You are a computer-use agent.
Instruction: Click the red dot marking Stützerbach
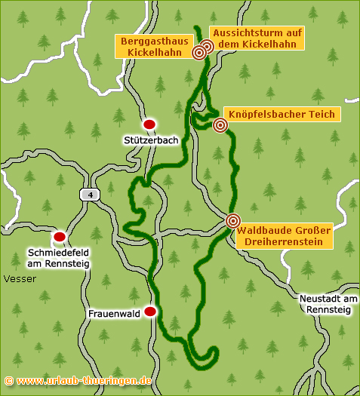pos(149,124)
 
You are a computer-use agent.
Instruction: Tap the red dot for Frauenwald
pos(150,311)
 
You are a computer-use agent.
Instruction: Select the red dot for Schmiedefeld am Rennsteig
pos(60,237)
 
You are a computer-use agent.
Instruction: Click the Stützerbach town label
pos(150,140)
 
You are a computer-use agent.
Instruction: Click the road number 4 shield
pos(91,195)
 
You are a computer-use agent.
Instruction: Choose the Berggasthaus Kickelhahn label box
pos(152,46)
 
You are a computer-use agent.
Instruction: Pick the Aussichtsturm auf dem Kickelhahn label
pos(257,38)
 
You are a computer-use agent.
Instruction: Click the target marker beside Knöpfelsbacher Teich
pos(220,125)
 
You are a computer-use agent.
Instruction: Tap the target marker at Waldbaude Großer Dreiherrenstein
pos(233,220)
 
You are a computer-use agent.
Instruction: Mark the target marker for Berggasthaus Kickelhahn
pos(199,52)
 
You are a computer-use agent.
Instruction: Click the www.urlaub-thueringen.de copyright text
pos(78,381)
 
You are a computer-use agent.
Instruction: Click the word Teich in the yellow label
pos(321,114)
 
